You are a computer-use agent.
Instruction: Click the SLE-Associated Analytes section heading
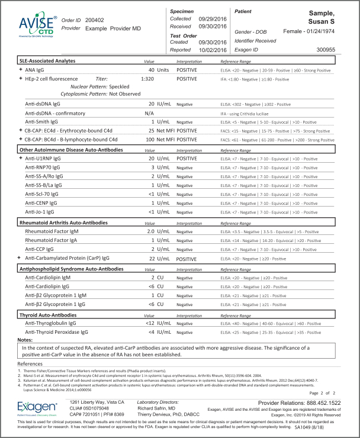click(47, 60)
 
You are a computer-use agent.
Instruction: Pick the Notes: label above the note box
click(25, 340)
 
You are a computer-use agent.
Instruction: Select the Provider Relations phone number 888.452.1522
click(324, 402)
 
